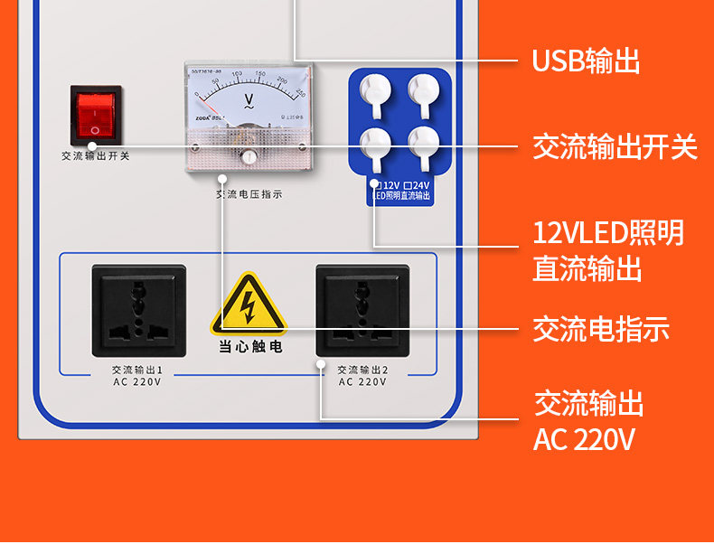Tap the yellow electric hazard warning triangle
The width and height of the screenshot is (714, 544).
249,305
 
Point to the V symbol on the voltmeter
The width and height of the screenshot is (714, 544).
248,98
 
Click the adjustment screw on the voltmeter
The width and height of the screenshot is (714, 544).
249,157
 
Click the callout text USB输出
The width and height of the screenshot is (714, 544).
586,61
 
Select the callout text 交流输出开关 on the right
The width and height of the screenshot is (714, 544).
615,146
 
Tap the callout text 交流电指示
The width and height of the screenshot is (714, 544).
600,330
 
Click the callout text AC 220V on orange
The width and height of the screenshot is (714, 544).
584,440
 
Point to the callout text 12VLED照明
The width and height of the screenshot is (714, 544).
607,233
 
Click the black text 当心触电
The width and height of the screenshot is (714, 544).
249,346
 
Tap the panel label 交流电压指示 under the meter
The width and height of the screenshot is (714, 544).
249,193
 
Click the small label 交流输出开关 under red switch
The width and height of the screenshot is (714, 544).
96,155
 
